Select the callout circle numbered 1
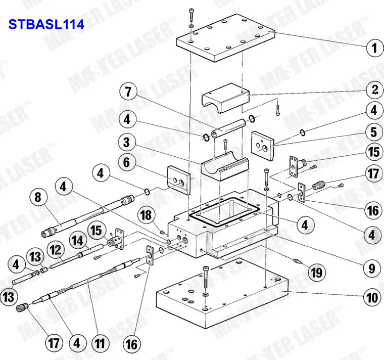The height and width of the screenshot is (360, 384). (373, 49)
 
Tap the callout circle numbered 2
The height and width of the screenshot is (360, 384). (373, 91)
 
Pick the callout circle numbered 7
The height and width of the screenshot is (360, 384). (128, 93)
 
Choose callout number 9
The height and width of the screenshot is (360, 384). (372, 268)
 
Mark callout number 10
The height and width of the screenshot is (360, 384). (372, 298)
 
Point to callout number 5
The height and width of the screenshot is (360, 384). (373, 132)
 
